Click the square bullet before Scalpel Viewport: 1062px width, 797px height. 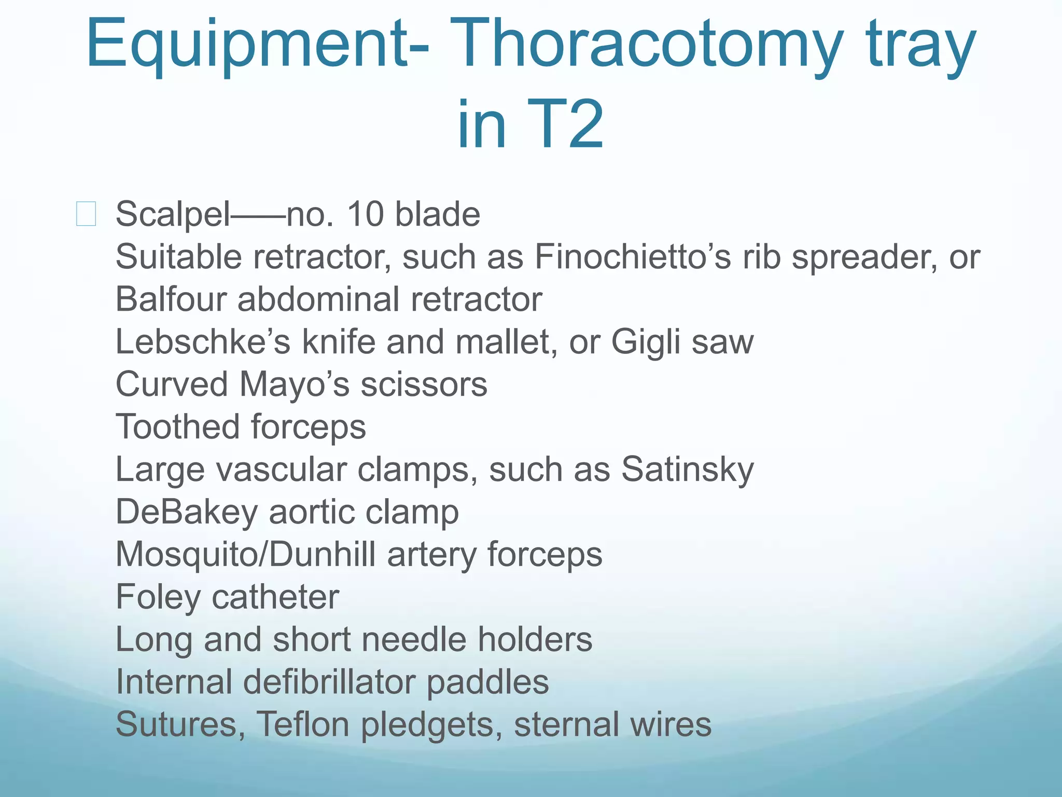pyautogui.click(x=86, y=214)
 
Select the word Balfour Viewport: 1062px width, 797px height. pyautogui.click(x=171, y=299)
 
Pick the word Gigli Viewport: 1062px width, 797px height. pyautogui.click(x=645, y=342)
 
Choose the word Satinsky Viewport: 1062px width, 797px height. pyautogui.click(x=687, y=470)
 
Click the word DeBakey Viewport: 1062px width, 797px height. pyautogui.click(x=186, y=512)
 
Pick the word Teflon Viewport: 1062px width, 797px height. pyautogui.click(x=303, y=725)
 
